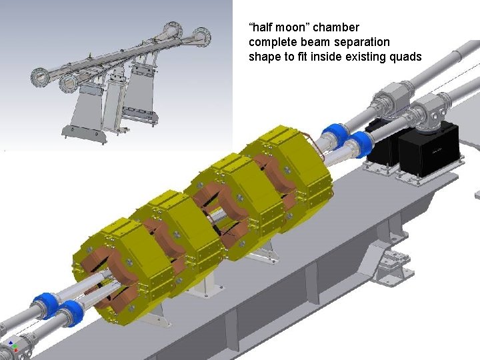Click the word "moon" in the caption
coord(291,27)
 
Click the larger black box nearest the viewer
coord(429,149)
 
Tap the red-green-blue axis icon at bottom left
coord(13,346)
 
